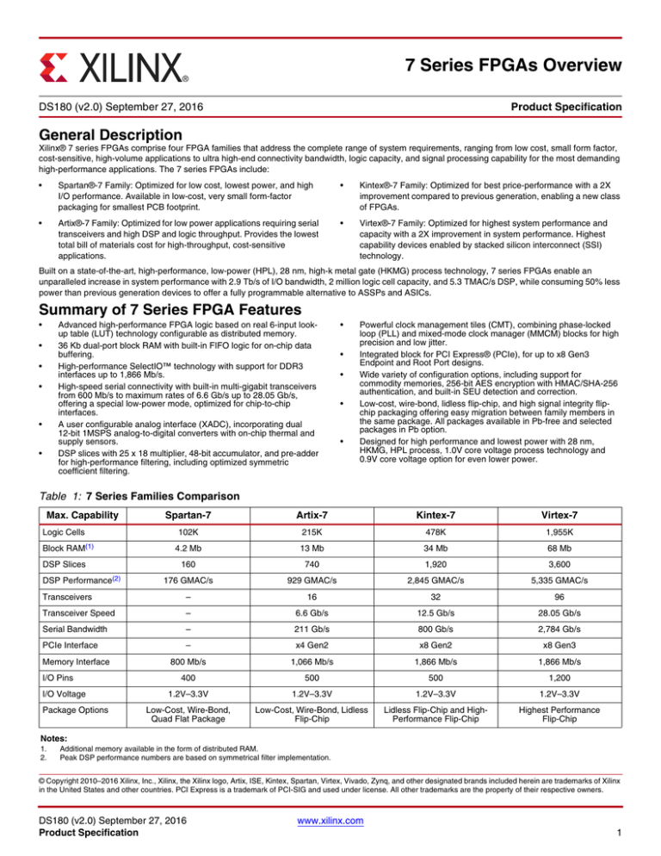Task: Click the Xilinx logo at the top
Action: pos(113,65)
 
